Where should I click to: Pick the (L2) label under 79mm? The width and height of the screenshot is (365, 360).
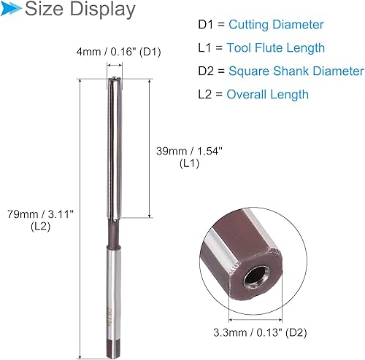click(x=38, y=227)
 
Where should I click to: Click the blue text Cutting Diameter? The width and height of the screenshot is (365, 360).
click(x=276, y=25)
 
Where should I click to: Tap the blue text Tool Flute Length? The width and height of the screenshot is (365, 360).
click(x=276, y=48)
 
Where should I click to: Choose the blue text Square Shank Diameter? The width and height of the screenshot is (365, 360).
click(x=296, y=71)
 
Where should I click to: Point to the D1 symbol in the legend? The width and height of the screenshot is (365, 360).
click(x=207, y=25)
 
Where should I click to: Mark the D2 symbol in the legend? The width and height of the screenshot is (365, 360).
click(x=207, y=71)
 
